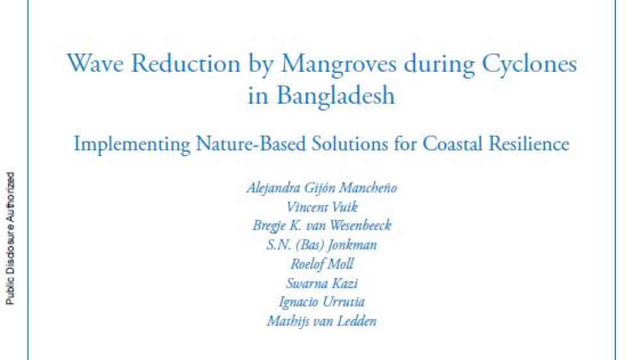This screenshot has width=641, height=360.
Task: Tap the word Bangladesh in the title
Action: [336, 97]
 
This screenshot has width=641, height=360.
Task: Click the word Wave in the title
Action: [95, 64]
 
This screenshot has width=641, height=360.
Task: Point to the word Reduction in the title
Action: [186, 64]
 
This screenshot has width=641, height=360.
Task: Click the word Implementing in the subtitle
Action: [131, 145]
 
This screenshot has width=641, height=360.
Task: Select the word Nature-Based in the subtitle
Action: [251, 143]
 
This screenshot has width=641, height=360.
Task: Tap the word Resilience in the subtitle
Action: [529, 143]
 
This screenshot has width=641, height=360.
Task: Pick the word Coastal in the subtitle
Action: [453, 143]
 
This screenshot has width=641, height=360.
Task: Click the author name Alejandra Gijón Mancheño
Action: [322, 188]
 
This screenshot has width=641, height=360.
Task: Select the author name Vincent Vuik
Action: [322, 207]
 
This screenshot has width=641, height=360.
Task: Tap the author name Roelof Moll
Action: [322, 264]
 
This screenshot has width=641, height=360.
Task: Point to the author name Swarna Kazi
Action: [322, 283]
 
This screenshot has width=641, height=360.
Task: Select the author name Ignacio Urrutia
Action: [322, 302]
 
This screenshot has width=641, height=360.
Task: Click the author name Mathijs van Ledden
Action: [322, 321]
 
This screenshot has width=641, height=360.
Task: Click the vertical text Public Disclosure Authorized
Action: [10, 238]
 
